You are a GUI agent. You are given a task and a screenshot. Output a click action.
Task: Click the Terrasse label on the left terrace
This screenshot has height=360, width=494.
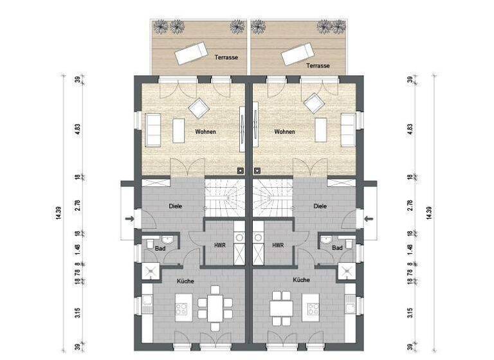pos(226,57)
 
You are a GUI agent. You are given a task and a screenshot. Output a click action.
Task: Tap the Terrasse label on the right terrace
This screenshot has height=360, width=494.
pos(318,66)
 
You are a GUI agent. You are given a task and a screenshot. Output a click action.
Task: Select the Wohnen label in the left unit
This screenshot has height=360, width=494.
pos(205,132)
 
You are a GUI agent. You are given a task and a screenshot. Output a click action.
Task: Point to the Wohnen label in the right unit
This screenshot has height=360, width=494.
pos(284,132)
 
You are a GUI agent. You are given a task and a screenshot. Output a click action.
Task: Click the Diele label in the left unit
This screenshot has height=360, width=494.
pos(175,206)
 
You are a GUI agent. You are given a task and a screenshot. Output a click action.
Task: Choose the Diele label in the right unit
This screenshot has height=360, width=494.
pos(320,206)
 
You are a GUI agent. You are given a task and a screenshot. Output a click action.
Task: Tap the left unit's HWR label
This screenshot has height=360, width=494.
pos(218,245)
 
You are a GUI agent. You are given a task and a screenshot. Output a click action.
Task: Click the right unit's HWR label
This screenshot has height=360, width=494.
pos(278,245)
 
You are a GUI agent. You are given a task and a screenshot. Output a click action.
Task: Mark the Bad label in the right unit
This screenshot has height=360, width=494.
pos(337,248)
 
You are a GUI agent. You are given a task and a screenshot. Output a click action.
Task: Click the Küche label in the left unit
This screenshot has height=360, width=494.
pos(185,280)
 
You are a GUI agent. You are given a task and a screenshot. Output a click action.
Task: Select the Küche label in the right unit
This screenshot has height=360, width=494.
pos(301,280)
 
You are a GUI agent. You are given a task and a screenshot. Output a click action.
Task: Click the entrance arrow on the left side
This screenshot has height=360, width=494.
pos(131,219)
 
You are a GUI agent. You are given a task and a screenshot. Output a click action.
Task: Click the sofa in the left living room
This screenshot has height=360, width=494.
pos(153,130)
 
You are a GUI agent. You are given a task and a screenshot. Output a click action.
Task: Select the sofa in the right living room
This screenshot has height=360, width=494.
pos(347,130)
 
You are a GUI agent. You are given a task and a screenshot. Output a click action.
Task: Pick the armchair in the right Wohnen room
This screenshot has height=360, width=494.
pos(315,104)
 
